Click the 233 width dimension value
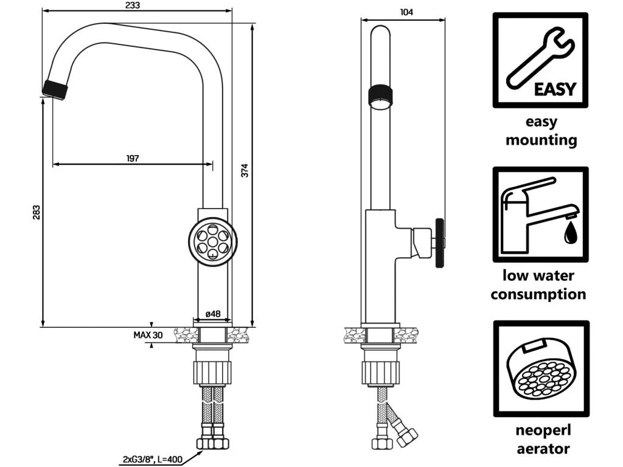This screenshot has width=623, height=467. [132, 5]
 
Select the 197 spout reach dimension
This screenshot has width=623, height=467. [133, 158]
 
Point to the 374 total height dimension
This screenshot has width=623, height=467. [245, 172]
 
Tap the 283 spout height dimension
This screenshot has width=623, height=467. [37, 212]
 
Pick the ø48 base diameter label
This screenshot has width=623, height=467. [212, 314]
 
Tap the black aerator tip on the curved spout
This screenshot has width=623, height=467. [55, 89]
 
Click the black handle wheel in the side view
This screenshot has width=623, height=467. [438, 241]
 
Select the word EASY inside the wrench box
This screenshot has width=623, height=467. [554, 89]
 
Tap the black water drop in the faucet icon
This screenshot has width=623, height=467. [569, 232]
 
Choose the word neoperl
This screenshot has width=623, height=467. [543, 431]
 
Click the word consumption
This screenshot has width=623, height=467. [538, 295]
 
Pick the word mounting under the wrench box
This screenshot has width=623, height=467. [541, 140]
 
